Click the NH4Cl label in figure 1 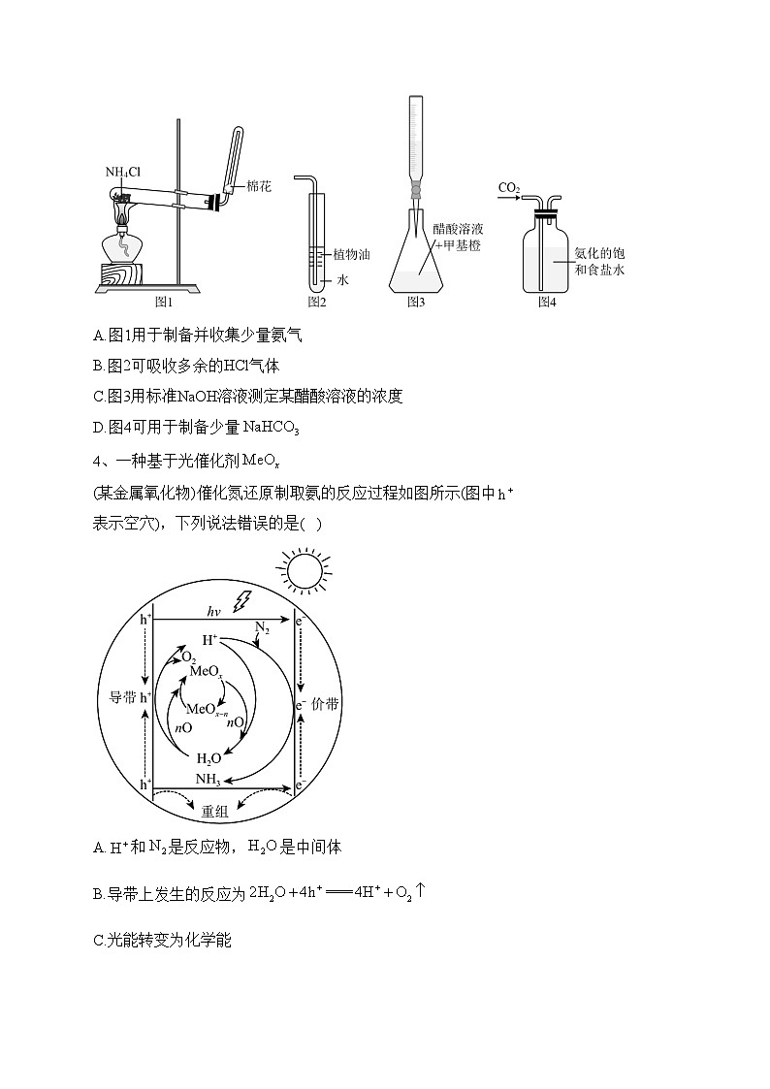(123, 173)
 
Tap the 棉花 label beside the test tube (259, 185)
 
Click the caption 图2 (317, 302)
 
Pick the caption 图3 (416, 302)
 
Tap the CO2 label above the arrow (509, 186)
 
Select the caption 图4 (547, 302)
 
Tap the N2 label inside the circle (262, 627)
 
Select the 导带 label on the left (121, 697)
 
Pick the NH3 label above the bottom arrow (209, 779)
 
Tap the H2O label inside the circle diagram (209, 758)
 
